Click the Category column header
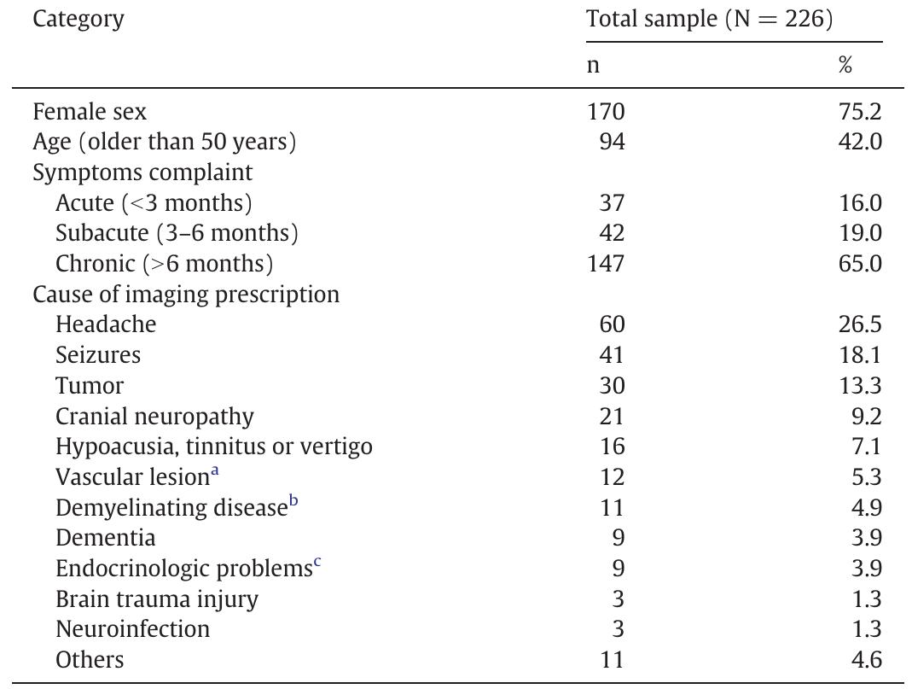click(78, 20)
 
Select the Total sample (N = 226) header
click(709, 20)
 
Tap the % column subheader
click(845, 65)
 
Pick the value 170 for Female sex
click(605, 112)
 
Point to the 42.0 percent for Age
click(860, 143)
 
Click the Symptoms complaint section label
click(142, 172)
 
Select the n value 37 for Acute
click(611, 203)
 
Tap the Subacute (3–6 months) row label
click(177, 233)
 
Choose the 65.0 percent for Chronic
click(860, 264)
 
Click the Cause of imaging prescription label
click(186, 295)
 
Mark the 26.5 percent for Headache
click(860, 324)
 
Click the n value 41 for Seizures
click(611, 355)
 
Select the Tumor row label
click(90, 386)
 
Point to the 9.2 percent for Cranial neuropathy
click(865, 417)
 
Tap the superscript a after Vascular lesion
click(215, 471)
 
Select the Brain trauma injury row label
click(156, 599)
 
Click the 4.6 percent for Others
click(865, 660)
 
